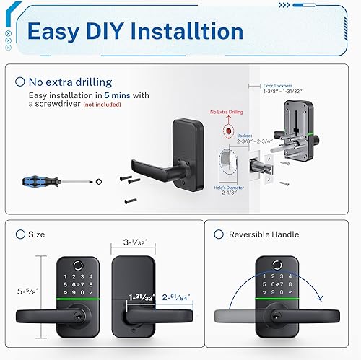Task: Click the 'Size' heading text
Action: [x=36, y=234]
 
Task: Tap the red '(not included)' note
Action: [x=103, y=105]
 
